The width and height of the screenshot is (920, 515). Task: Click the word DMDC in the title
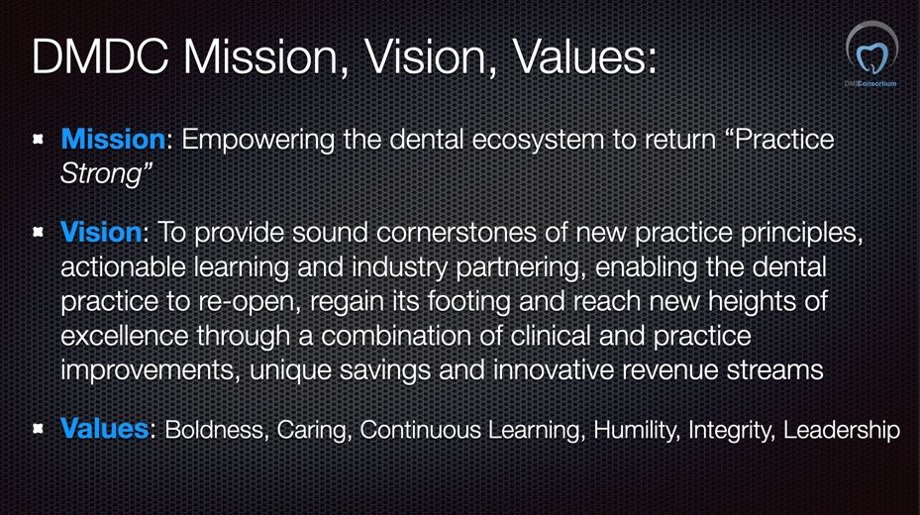[100, 56]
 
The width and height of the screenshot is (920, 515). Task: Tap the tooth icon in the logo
[871, 57]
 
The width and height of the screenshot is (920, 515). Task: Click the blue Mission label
[113, 140]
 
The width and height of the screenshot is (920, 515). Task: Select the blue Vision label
[101, 233]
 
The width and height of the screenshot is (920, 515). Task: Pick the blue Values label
[104, 428]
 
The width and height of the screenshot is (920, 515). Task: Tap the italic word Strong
[101, 174]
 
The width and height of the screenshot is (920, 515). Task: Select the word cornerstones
[457, 233]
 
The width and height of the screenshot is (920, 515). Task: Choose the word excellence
[125, 336]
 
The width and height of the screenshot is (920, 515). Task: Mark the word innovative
[554, 370]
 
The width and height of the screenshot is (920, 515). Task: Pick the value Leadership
[842, 430]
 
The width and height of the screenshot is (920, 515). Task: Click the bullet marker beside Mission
[39, 139]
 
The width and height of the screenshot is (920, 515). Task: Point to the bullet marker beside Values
[39, 428]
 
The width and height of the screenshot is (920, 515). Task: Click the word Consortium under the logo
[877, 84]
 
